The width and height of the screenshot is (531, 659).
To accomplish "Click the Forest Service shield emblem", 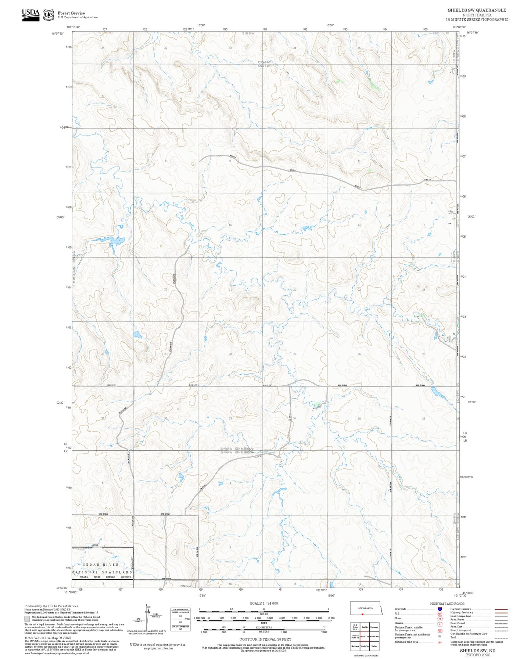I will tap(49, 15).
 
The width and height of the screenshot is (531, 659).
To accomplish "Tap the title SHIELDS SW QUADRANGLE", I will tap(477, 10).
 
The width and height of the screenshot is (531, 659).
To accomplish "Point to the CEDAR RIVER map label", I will tap(101, 565).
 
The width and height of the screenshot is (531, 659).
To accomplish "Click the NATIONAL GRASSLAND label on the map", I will tap(102, 572).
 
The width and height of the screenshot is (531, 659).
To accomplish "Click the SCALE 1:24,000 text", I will tap(263, 603).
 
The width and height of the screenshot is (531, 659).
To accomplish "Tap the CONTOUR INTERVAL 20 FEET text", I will tap(265, 639).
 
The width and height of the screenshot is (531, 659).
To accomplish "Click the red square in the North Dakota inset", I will tap(362, 614).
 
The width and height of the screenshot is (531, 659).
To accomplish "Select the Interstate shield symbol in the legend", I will tap(439, 609).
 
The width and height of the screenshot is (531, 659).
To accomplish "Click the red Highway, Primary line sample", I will tap(501, 609).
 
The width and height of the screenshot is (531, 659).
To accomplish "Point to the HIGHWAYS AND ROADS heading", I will tap(447, 604).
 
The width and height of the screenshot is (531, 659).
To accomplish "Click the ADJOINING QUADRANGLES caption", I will tap(366, 655).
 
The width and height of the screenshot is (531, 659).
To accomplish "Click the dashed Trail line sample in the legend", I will tap(501, 638).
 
